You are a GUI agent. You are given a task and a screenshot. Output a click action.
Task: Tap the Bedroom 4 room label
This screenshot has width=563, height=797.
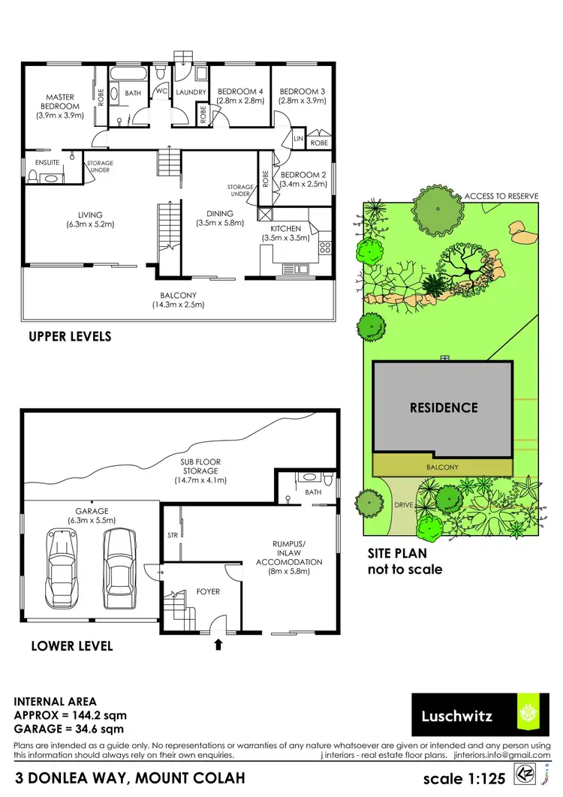pos(239,92)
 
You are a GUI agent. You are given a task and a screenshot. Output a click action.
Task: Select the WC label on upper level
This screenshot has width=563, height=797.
pos(161,92)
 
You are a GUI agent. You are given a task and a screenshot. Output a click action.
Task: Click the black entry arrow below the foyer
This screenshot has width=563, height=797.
pos(218,643)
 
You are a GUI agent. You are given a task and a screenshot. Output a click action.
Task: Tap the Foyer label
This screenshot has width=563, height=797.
pos(208,591)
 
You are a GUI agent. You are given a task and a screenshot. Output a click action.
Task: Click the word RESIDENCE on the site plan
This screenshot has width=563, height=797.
pos(443,408)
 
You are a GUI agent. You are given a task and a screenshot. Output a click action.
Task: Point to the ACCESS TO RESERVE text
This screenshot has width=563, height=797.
pos(501,196)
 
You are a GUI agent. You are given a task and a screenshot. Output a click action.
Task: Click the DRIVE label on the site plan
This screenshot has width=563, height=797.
pos(404,505)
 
